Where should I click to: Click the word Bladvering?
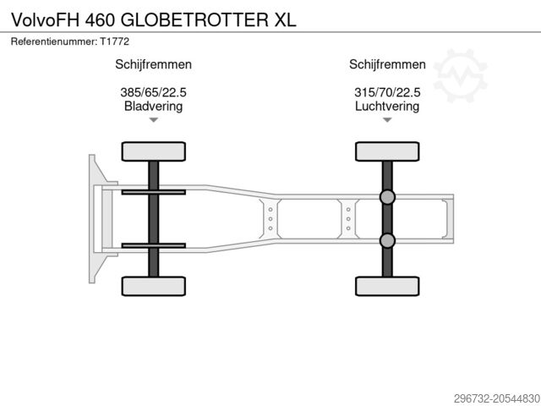tap(154, 107)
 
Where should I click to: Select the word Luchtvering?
tap(387, 107)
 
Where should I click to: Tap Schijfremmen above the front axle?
tap(154, 64)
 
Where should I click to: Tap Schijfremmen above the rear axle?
tap(387, 64)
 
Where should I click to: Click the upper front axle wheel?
tap(153, 151)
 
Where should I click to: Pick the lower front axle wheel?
tap(153, 286)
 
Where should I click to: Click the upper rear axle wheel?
tap(387, 151)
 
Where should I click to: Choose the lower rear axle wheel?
tap(387, 286)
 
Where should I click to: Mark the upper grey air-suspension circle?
tap(387, 197)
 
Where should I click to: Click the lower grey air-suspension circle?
tap(387, 241)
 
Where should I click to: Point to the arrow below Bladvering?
tap(154, 120)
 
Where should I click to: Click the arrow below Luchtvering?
tap(387, 120)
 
